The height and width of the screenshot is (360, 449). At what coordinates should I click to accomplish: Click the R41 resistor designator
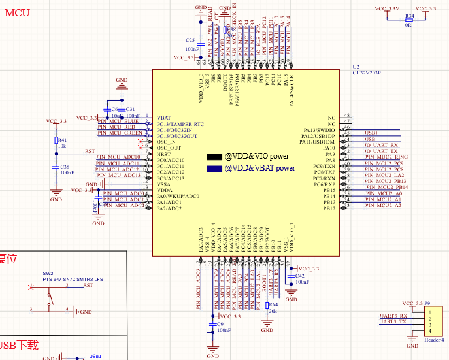(x=63, y=140)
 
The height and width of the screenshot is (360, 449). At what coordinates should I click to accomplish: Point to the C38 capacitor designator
(x=65, y=167)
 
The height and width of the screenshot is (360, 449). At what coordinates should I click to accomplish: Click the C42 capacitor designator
(x=301, y=276)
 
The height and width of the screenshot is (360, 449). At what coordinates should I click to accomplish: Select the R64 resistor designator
(x=273, y=304)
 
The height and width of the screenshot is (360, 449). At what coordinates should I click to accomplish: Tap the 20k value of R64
(x=273, y=311)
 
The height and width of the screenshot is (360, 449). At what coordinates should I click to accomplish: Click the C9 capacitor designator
(x=220, y=324)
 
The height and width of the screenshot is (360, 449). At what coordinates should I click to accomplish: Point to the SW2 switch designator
(x=48, y=273)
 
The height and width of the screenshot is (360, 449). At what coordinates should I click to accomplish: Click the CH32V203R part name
(x=367, y=73)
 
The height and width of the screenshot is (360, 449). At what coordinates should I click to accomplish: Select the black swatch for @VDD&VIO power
(x=214, y=157)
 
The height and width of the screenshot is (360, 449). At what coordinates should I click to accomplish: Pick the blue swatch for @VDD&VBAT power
(x=214, y=169)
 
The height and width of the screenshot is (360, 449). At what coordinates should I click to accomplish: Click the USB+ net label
(x=372, y=133)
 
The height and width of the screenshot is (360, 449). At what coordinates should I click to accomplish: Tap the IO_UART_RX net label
(x=382, y=145)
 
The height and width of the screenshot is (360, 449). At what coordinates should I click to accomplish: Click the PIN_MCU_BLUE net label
(x=118, y=121)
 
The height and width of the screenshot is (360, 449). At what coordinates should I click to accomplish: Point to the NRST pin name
(x=163, y=154)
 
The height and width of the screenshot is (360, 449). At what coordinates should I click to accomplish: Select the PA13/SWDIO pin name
(x=320, y=130)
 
